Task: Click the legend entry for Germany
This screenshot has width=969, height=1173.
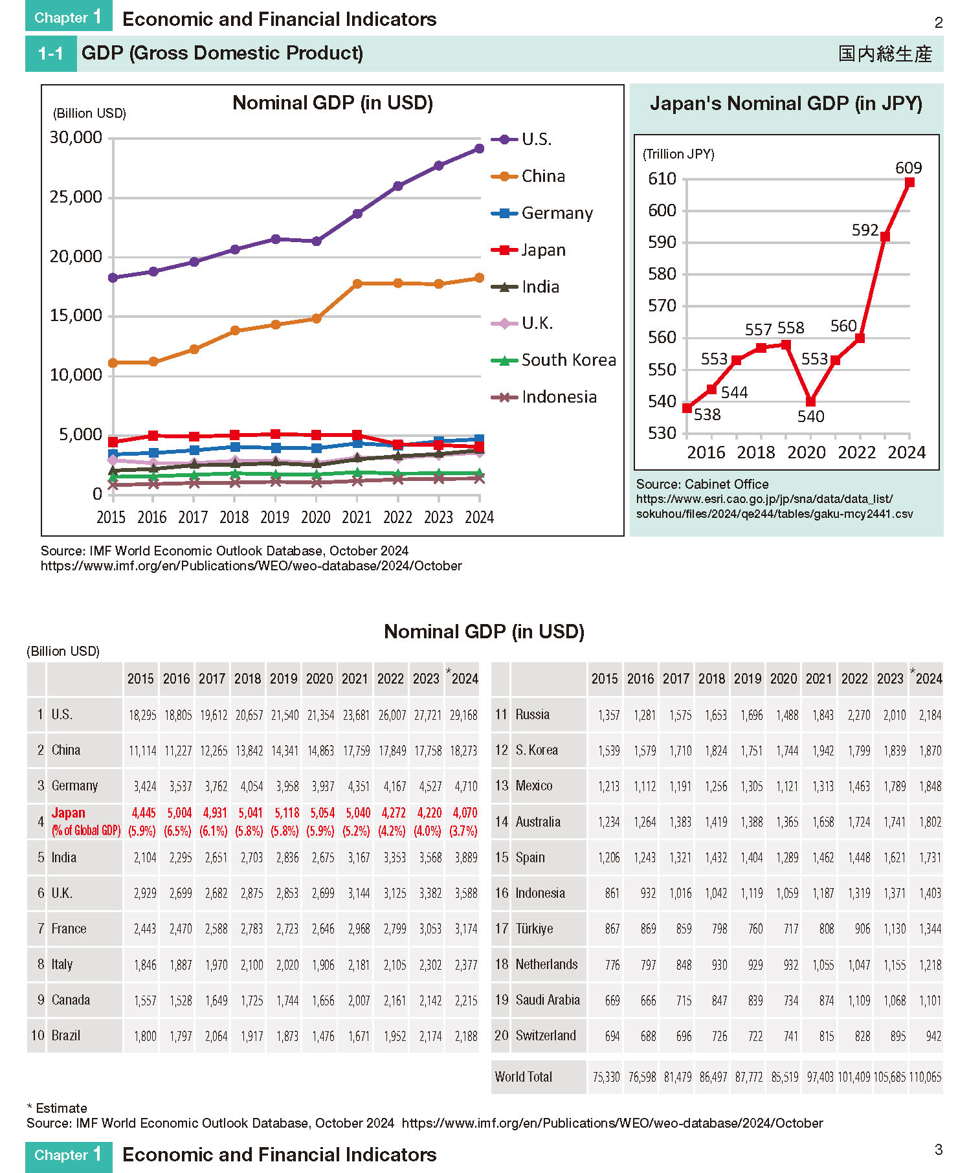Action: coord(542,213)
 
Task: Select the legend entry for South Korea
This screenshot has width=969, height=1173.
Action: coord(553,360)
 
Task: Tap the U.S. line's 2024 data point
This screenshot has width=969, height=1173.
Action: coord(479,149)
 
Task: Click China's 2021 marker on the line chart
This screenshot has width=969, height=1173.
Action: coord(357,284)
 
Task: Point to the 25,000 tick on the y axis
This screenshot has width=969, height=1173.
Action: coord(76,197)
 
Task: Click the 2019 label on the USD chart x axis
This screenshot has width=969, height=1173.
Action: coord(274,517)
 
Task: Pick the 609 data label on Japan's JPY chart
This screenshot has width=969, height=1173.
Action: coord(908,168)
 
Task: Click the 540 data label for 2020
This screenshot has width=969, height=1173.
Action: coord(810,416)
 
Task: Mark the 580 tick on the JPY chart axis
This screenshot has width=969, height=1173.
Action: coord(662,274)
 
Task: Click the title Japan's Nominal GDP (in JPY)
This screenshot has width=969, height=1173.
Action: coord(786,104)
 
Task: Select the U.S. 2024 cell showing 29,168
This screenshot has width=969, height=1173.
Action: coord(463,715)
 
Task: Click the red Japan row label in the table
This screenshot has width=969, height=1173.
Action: coord(69,813)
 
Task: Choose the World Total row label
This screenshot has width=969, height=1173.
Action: coord(524,1077)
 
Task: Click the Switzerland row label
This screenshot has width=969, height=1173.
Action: coord(546,1035)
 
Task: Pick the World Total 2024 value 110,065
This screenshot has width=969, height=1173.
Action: coord(926,1077)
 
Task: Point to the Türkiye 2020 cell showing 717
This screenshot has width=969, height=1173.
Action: coord(791,929)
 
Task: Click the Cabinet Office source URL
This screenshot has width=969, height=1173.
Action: coord(775,506)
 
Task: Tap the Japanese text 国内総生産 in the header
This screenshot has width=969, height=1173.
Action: coord(885,54)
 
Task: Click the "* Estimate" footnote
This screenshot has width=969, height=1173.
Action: coord(57,1108)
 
